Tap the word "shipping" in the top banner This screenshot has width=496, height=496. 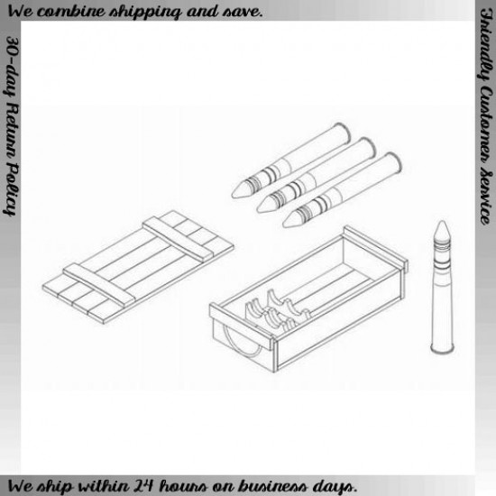point(145,13)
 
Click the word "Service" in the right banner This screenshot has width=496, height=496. point(485,197)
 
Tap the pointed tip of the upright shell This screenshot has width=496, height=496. point(442,221)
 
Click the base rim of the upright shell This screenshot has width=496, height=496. point(442,350)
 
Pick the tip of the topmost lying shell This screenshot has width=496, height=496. point(233,195)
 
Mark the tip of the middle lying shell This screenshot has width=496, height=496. point(258,209)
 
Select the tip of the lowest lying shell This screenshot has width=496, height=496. point(284,224)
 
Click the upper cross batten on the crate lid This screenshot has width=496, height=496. point(177,238)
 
